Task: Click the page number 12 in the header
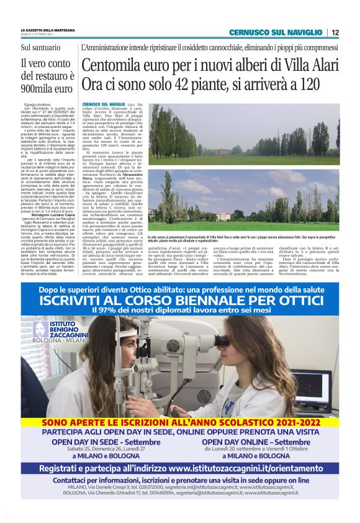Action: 335,32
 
